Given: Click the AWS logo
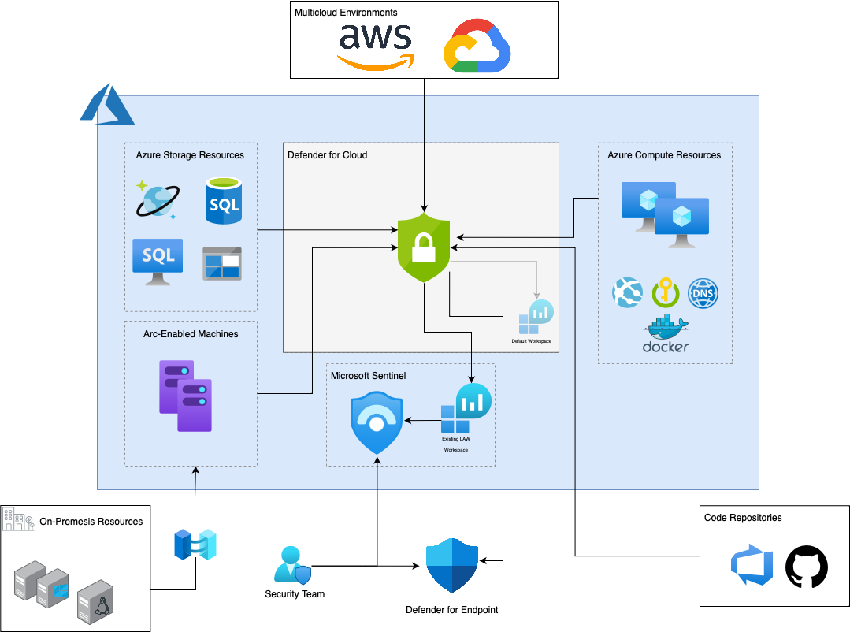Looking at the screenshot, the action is coord(376,46).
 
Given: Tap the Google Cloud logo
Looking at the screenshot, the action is coord(477,46).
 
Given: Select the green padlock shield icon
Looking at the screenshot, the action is coord(424,247).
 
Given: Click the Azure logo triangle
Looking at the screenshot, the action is coord(107,104).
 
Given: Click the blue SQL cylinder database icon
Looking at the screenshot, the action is coord(224,201).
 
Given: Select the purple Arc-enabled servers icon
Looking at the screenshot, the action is coord(185,396).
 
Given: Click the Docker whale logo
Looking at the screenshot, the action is coord(666,333).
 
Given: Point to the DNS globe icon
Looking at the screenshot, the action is coord(703,293).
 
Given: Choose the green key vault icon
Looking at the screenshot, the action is coord(666,293).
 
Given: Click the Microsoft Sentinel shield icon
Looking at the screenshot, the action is coord(377,423).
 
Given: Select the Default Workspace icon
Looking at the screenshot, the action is coord(536,318).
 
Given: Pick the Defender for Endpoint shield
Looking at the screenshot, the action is coord(452,565).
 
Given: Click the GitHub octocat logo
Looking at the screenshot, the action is coord(807,567).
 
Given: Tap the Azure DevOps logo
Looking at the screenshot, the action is coord(752,565).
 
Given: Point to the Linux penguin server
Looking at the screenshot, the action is coord(95,601).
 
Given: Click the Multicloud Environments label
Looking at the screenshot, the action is coord(346,13).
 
